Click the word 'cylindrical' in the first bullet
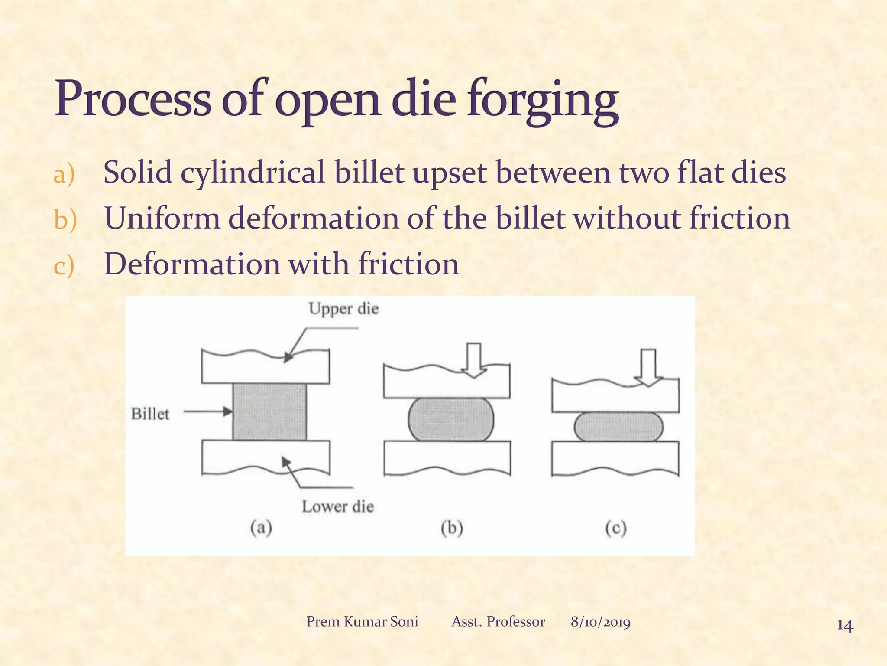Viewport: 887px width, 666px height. click(x=253, y=173)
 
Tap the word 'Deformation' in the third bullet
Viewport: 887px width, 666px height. click(x=192, y=264)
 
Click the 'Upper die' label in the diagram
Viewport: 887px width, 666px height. click(x=343, y=309)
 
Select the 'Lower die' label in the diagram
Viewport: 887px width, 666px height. click(x=337, y=506)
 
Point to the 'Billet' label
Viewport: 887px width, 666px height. click(x=150, y=414)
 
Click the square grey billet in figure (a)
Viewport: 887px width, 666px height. click(x=269, y=411)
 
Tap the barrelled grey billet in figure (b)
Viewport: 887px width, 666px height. click(x=450, y=419)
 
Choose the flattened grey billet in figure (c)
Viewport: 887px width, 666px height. click(x=618, y=427)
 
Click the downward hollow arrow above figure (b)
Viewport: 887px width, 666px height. click(x=474, y=360)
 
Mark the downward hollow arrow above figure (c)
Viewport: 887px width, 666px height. click(x=648, y=367)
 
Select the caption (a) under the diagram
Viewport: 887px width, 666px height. click(x=261, y=528)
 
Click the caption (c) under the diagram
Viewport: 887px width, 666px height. click(x=616, y=528)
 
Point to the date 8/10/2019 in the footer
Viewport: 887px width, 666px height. click(x=600, y=622)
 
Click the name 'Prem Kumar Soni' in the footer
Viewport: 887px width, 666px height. click(x=362, y=622)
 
